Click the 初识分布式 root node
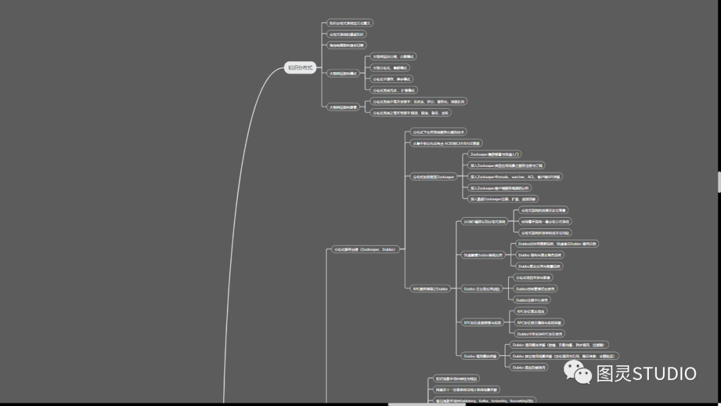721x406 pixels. click(300, 68)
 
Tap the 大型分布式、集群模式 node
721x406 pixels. click(390, 67)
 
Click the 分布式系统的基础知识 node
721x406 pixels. click(347, 34)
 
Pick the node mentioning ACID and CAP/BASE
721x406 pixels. click(446, 144)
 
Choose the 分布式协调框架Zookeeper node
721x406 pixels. click(433, 177)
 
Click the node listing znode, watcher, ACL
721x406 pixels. click(515, 177)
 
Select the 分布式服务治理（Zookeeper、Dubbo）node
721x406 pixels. click(365, 249)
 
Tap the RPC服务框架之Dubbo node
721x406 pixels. click(431, 288)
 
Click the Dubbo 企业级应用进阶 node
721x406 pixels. click(481, 288)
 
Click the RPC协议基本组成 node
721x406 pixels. click(531, 311)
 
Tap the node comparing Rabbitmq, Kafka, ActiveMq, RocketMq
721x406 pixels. click(484, 401)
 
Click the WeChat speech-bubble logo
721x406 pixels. click(578, 373)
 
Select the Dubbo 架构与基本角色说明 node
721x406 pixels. click(540, 255)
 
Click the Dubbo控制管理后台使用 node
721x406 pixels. click(535, 288)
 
